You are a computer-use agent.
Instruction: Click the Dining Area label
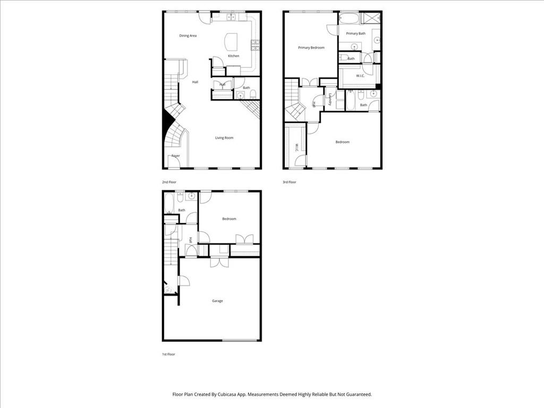[188, 36]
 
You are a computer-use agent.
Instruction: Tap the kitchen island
[232, 41]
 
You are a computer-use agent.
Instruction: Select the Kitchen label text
[234, 56]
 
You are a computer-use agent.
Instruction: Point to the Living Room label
[224, 138]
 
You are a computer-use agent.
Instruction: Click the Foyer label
[175, 156]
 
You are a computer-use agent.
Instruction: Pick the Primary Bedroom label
[311, 48]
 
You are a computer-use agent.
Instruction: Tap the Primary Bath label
[355, 33]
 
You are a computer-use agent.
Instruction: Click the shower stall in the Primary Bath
[371, 18]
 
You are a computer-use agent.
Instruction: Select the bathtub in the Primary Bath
[349, 18]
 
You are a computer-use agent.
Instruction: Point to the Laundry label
[330, 99]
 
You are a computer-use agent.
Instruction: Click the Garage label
[217, 301]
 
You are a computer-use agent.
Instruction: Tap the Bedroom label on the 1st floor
[229, 219]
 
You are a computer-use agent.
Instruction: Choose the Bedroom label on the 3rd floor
[343, 142]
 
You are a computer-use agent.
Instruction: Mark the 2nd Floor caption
[169, 182]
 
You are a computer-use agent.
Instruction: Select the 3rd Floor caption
[290, 182]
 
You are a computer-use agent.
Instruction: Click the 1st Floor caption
[168, 354]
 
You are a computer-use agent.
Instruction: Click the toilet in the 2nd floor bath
[253, 95]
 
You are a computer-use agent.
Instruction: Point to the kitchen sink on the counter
[232, 17]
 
